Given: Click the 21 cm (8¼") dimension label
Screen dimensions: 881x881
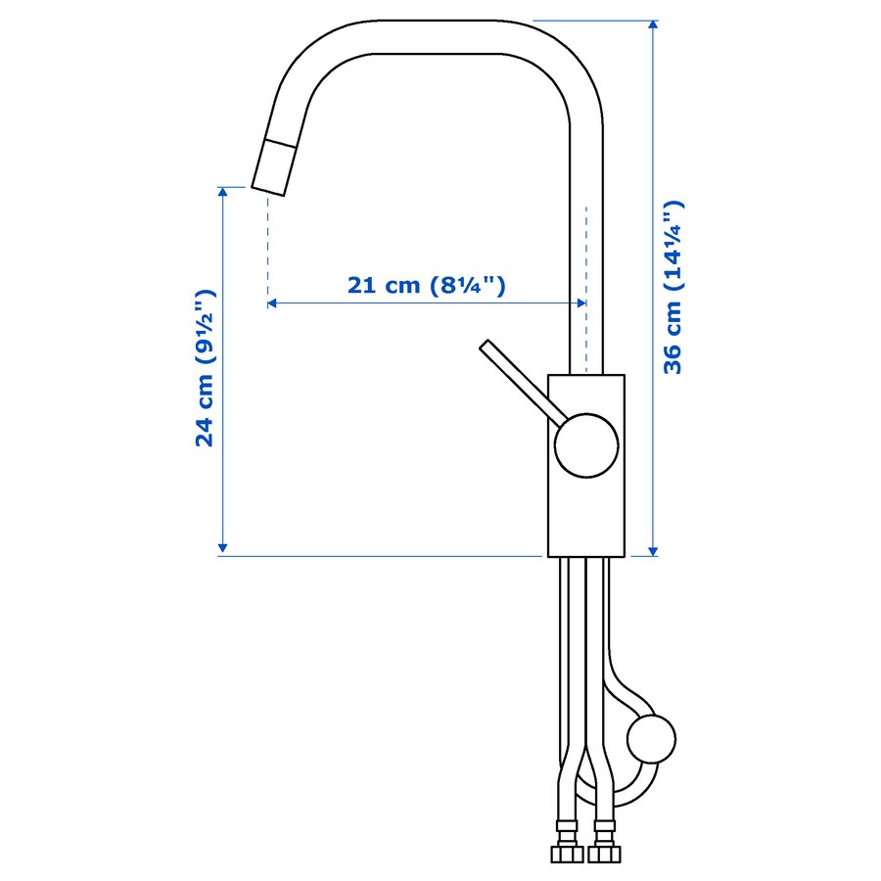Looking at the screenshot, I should point(426,285).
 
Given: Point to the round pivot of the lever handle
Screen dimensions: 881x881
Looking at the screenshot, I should point(586,445).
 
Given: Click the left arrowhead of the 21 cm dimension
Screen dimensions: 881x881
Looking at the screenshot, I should point(273,303).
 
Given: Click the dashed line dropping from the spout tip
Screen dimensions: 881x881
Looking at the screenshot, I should point(267,245).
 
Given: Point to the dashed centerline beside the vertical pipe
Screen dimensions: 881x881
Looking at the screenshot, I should point(585,255).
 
